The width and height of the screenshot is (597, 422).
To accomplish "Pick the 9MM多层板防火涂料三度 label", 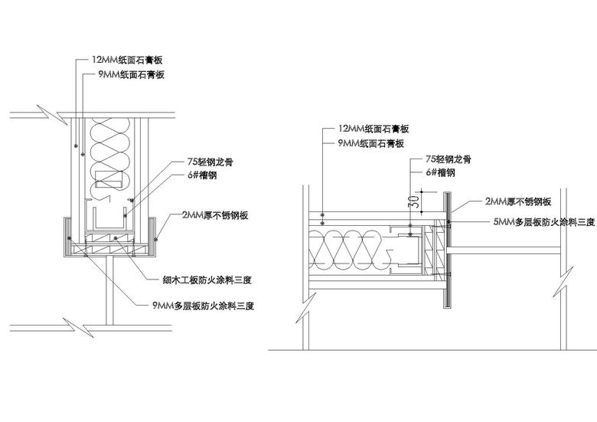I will pos(203,306).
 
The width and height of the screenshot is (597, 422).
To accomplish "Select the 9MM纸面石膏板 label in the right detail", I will pos(370,143).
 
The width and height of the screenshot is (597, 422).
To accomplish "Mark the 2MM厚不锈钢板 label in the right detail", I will pos(518,201).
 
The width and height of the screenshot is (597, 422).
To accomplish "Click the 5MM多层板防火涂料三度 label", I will pos(543,221).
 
